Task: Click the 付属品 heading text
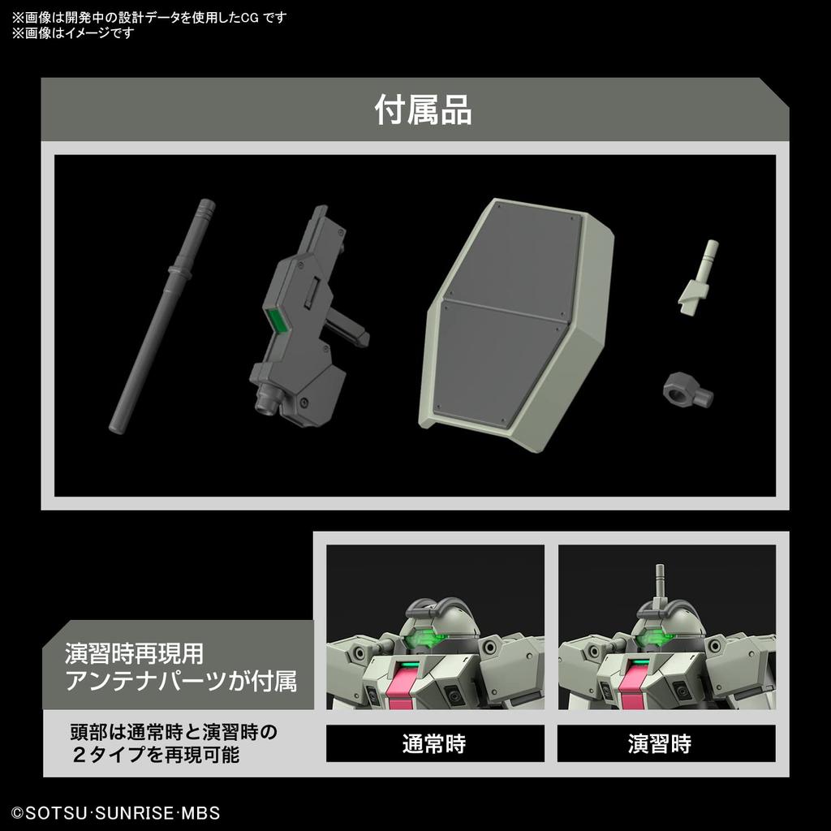coord(422,110)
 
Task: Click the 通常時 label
coord(434,743)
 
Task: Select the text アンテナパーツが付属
coord(181,680)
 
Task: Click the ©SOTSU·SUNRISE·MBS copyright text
coord(115,812)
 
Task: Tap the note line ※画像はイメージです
coord(73,33)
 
